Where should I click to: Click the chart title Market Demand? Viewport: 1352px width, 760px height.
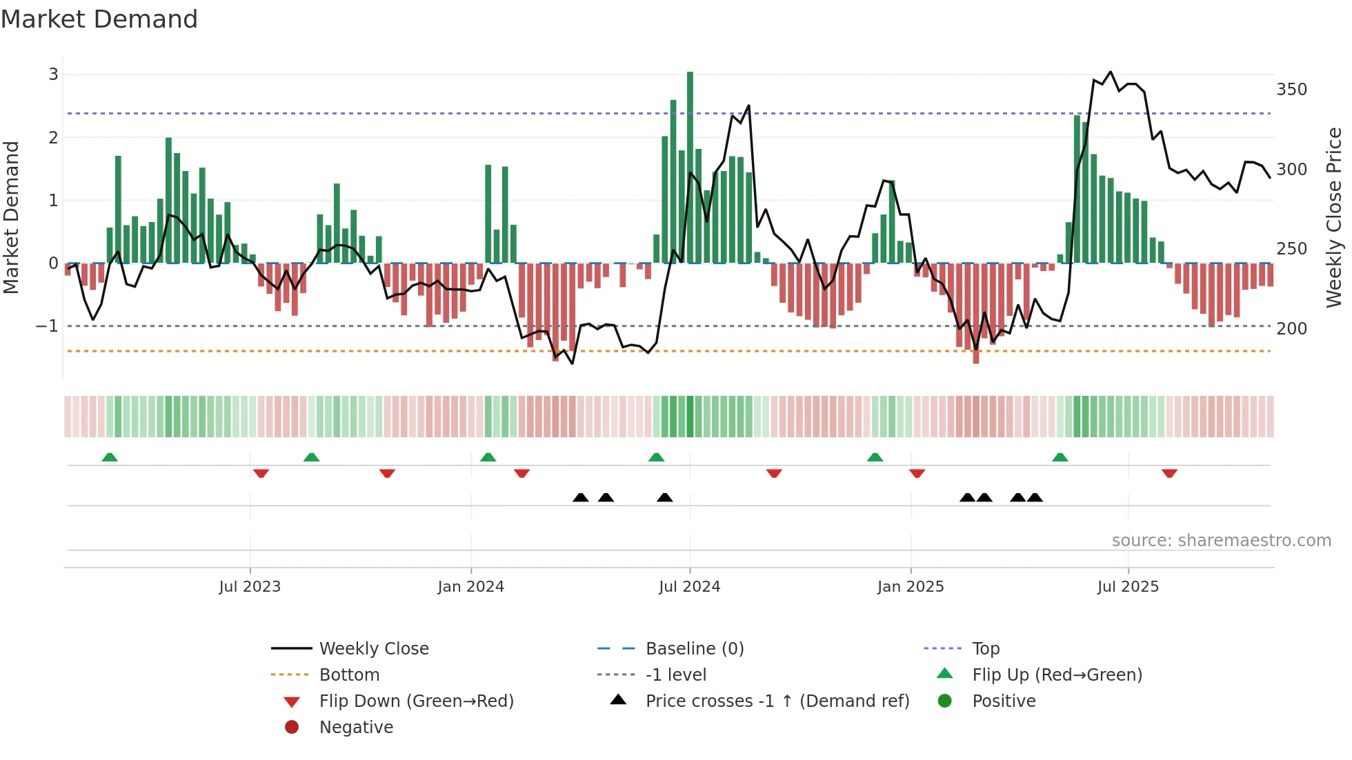tap(99, 19)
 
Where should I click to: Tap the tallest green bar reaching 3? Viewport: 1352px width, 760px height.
tap(690, 166)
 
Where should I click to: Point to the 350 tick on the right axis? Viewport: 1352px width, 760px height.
tap(1291, 90)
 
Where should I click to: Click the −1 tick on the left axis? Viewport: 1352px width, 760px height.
tap(47, 326)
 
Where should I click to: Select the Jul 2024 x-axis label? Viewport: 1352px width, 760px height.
tap(689, 587)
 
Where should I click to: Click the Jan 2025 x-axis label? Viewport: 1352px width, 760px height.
tap(910, 587)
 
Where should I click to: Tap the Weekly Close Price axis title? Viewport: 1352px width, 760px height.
tap(1334, 217)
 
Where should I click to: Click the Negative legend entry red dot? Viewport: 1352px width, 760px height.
tap(292, 728)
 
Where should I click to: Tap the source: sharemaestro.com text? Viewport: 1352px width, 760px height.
tap(1221, 541)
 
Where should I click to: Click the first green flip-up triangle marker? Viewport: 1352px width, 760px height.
tap(110, 457)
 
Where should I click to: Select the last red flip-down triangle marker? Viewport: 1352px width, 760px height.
tap(1169, 473)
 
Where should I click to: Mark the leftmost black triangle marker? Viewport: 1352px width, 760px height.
tap(581, 497)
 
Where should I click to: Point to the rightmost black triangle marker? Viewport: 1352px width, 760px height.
tap(1035, 497)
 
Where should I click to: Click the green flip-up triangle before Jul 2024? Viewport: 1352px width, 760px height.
tap(656, 457)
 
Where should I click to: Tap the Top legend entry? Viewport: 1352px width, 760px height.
tap(985, 649)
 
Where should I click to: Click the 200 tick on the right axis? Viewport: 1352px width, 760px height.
tap(1291, 329)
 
